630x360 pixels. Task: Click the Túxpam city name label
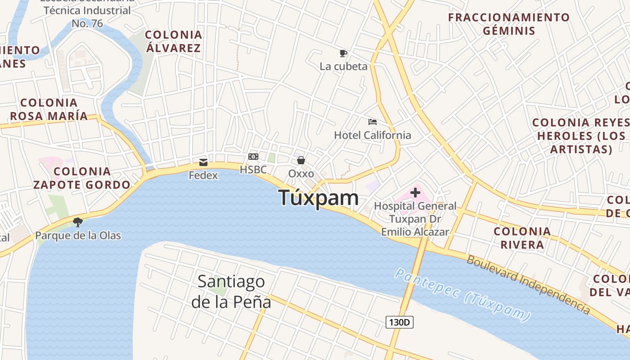tap(319, 198)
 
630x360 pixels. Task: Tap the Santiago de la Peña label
tap(231, 292)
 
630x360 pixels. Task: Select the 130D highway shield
tap(399, 322)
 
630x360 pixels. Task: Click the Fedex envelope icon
tap(203, 162)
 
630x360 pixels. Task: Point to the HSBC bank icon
tap(253, 157)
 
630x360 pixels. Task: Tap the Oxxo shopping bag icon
tap(301, 160)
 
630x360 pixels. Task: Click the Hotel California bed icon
tap(372, 121)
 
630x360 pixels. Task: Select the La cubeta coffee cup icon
tap(343, 54)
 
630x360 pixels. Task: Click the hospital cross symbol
tap(415, 193)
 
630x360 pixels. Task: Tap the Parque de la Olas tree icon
tap(78, 222)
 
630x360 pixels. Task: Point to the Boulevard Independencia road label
tap(528, 284)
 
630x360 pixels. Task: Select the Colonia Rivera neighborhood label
tap(522, 238)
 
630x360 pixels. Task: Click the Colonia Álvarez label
tap(173, 41)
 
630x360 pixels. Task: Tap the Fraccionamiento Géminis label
tap(509, 24)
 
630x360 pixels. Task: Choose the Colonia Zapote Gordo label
tap(82, 178)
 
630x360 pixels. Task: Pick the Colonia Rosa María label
tap(49, 109)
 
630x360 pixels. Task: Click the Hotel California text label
tap(373, 135)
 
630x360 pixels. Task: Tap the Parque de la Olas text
tap(78, 235)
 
